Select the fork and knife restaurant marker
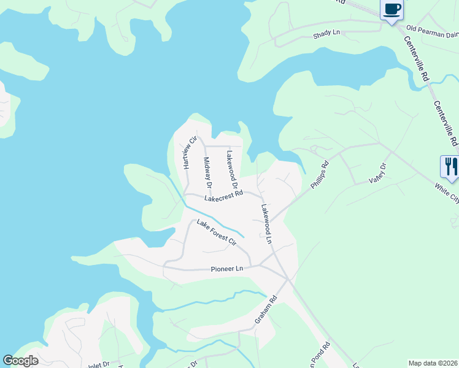click(x=449, y=167)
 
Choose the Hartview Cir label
click(x=188, y=153)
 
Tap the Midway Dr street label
click(x=207, y=172)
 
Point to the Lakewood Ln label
click(x=266, y=224)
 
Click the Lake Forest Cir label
click(x=216, y=233)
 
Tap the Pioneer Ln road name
click(x=227, y=269)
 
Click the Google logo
click(x=20, y=361)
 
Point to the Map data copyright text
click(x=433, y=363)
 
